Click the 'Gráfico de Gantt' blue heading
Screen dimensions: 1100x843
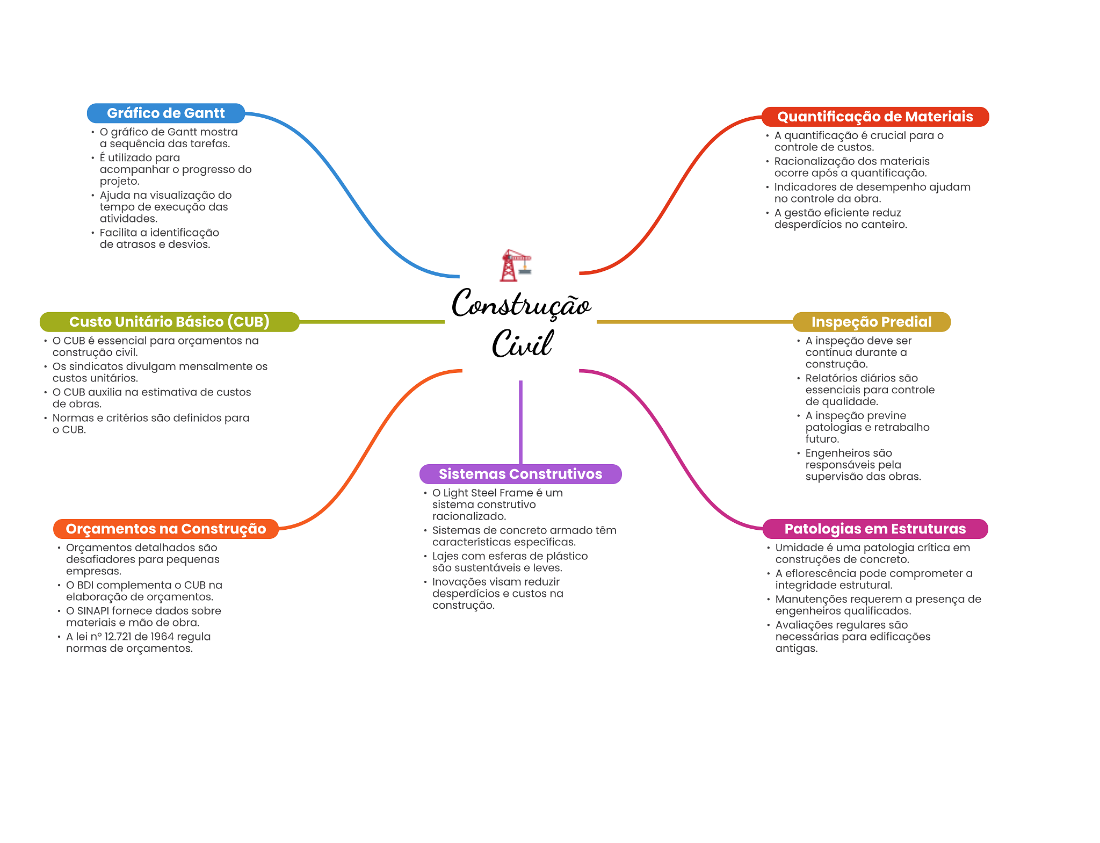point(166,113)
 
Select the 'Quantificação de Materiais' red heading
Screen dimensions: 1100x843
point(875,117)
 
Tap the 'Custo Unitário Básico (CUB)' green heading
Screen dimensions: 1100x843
point(169,322)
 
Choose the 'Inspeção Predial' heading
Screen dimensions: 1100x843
point(871,322)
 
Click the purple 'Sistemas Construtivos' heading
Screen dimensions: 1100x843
point(520,474)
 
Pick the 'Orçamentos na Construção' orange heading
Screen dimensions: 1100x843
point(166,529)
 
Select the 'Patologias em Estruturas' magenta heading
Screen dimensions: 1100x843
point(875,529)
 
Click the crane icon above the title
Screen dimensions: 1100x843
point(516,265)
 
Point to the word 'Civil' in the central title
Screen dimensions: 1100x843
point(522,344)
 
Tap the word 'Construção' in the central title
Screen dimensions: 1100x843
point(521,304)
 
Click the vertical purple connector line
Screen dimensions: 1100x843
point(520,422)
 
